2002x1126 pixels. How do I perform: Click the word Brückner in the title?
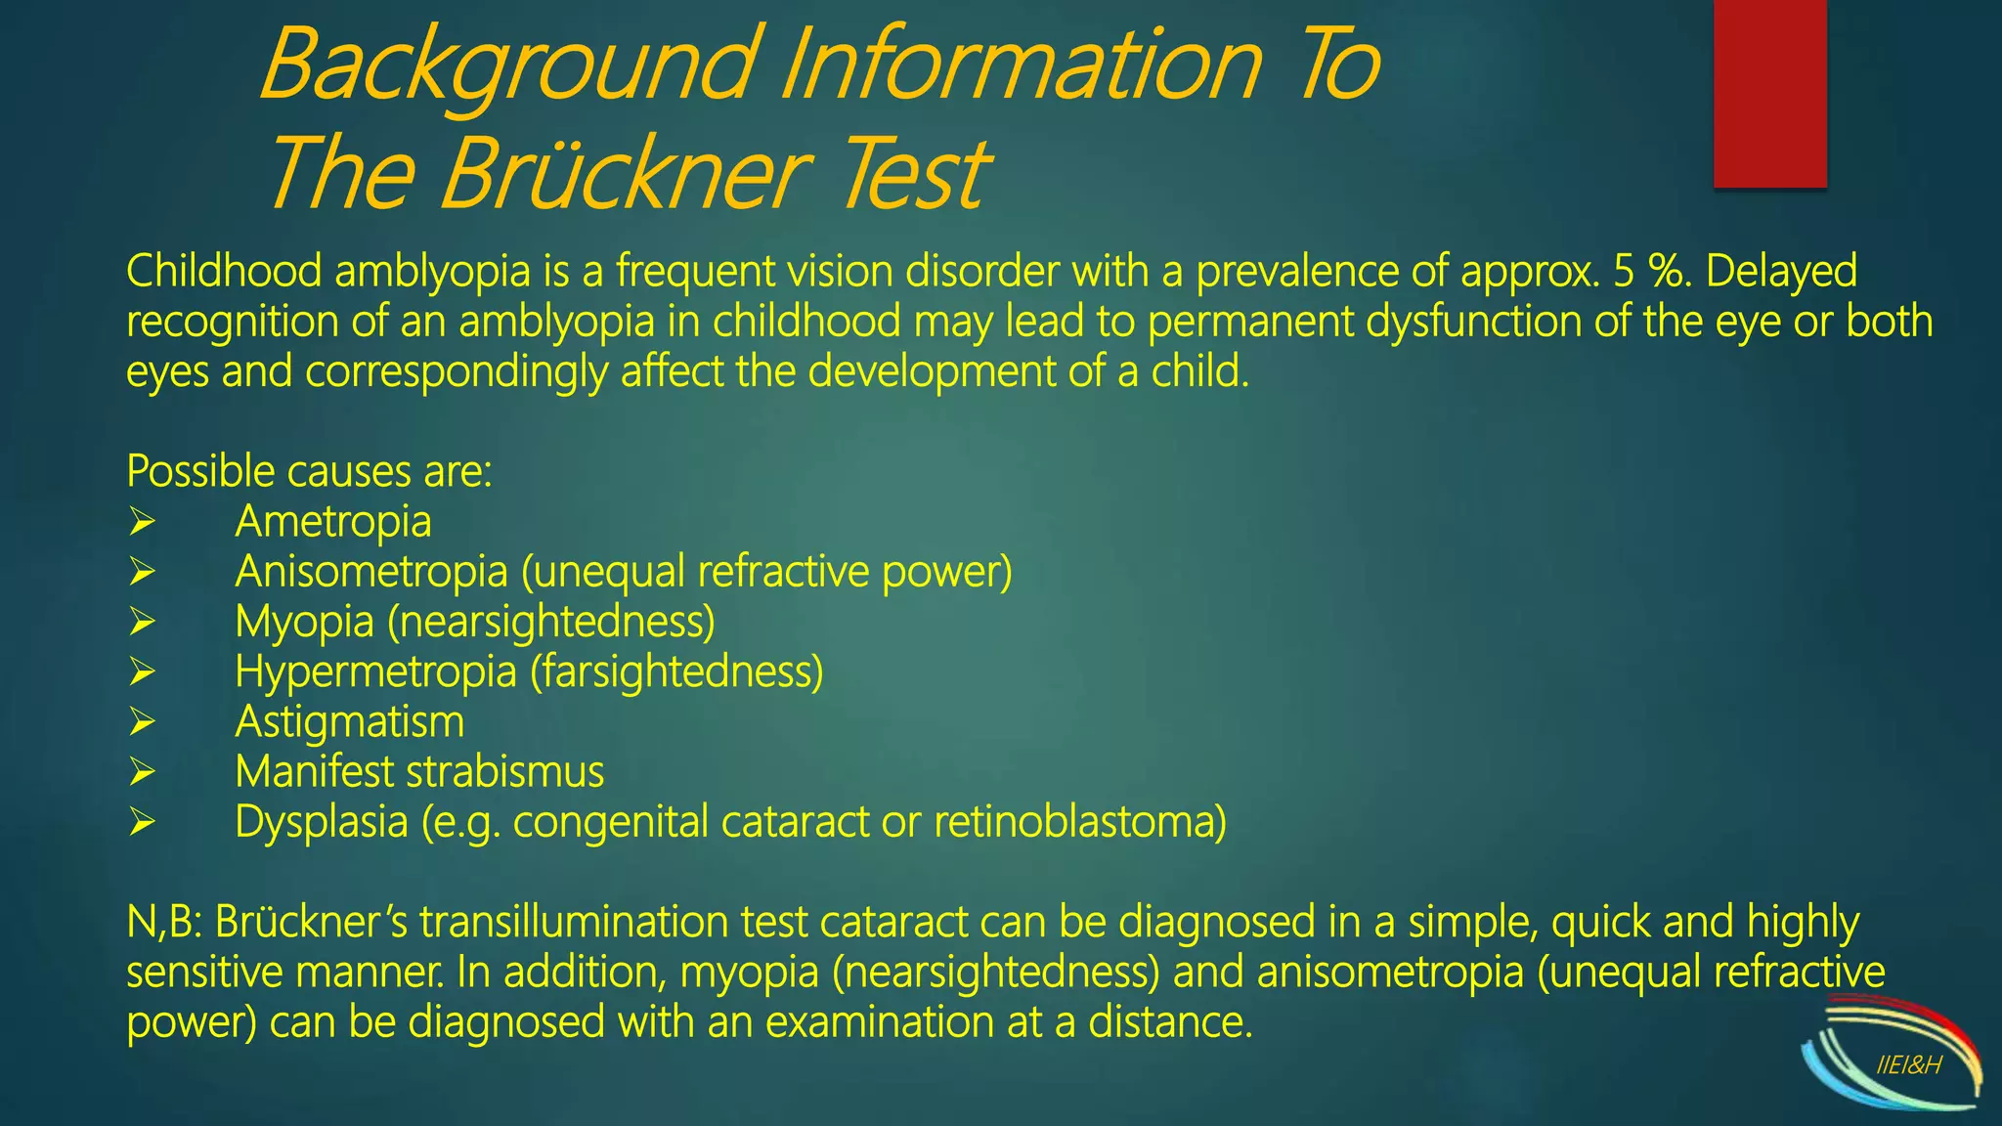(626, 174)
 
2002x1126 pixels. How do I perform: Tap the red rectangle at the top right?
(1769, 93)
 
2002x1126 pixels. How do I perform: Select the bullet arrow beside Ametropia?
(142, 522)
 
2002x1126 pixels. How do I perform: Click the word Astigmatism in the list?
(349, 722)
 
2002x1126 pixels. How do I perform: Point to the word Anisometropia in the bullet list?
(370, 572)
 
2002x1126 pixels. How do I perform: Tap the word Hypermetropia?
(374, 672)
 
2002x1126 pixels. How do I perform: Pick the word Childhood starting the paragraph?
(224, 271)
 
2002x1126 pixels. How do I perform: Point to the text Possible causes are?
(309, 471)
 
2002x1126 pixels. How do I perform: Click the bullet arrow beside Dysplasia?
(142, 822)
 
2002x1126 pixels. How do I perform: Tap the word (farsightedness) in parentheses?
(676, 672)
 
